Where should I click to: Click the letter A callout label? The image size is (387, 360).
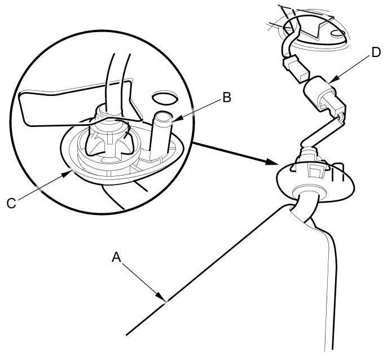pyautogui.click(x=117, y=257)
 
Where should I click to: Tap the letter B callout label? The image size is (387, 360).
pyautogui.click(x=226, y=96)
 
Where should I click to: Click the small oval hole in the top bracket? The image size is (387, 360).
pyautogui.click(x=337, y=33)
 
